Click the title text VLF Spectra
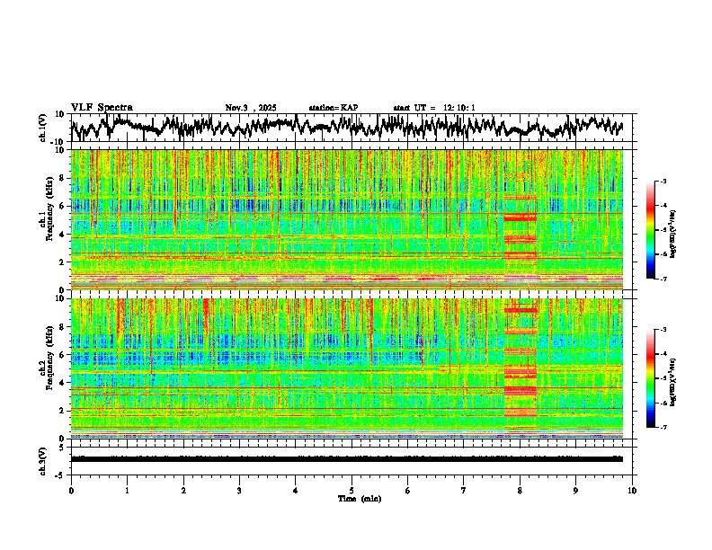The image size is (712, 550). coord(102,107)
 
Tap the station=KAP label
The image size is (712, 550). coord(334,108)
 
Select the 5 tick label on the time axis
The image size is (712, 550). coord(352,490)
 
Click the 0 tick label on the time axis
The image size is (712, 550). coord(71,490)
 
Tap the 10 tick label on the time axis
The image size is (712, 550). coord(632,490)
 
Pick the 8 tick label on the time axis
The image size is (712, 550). coord(520,490)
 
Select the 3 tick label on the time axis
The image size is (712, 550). coord(239,490)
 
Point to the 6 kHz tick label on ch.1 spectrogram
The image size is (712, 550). coord(62,206)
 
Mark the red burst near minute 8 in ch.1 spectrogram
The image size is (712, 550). coord(520,229)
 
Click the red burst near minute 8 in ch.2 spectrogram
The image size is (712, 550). coord(520,368)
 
